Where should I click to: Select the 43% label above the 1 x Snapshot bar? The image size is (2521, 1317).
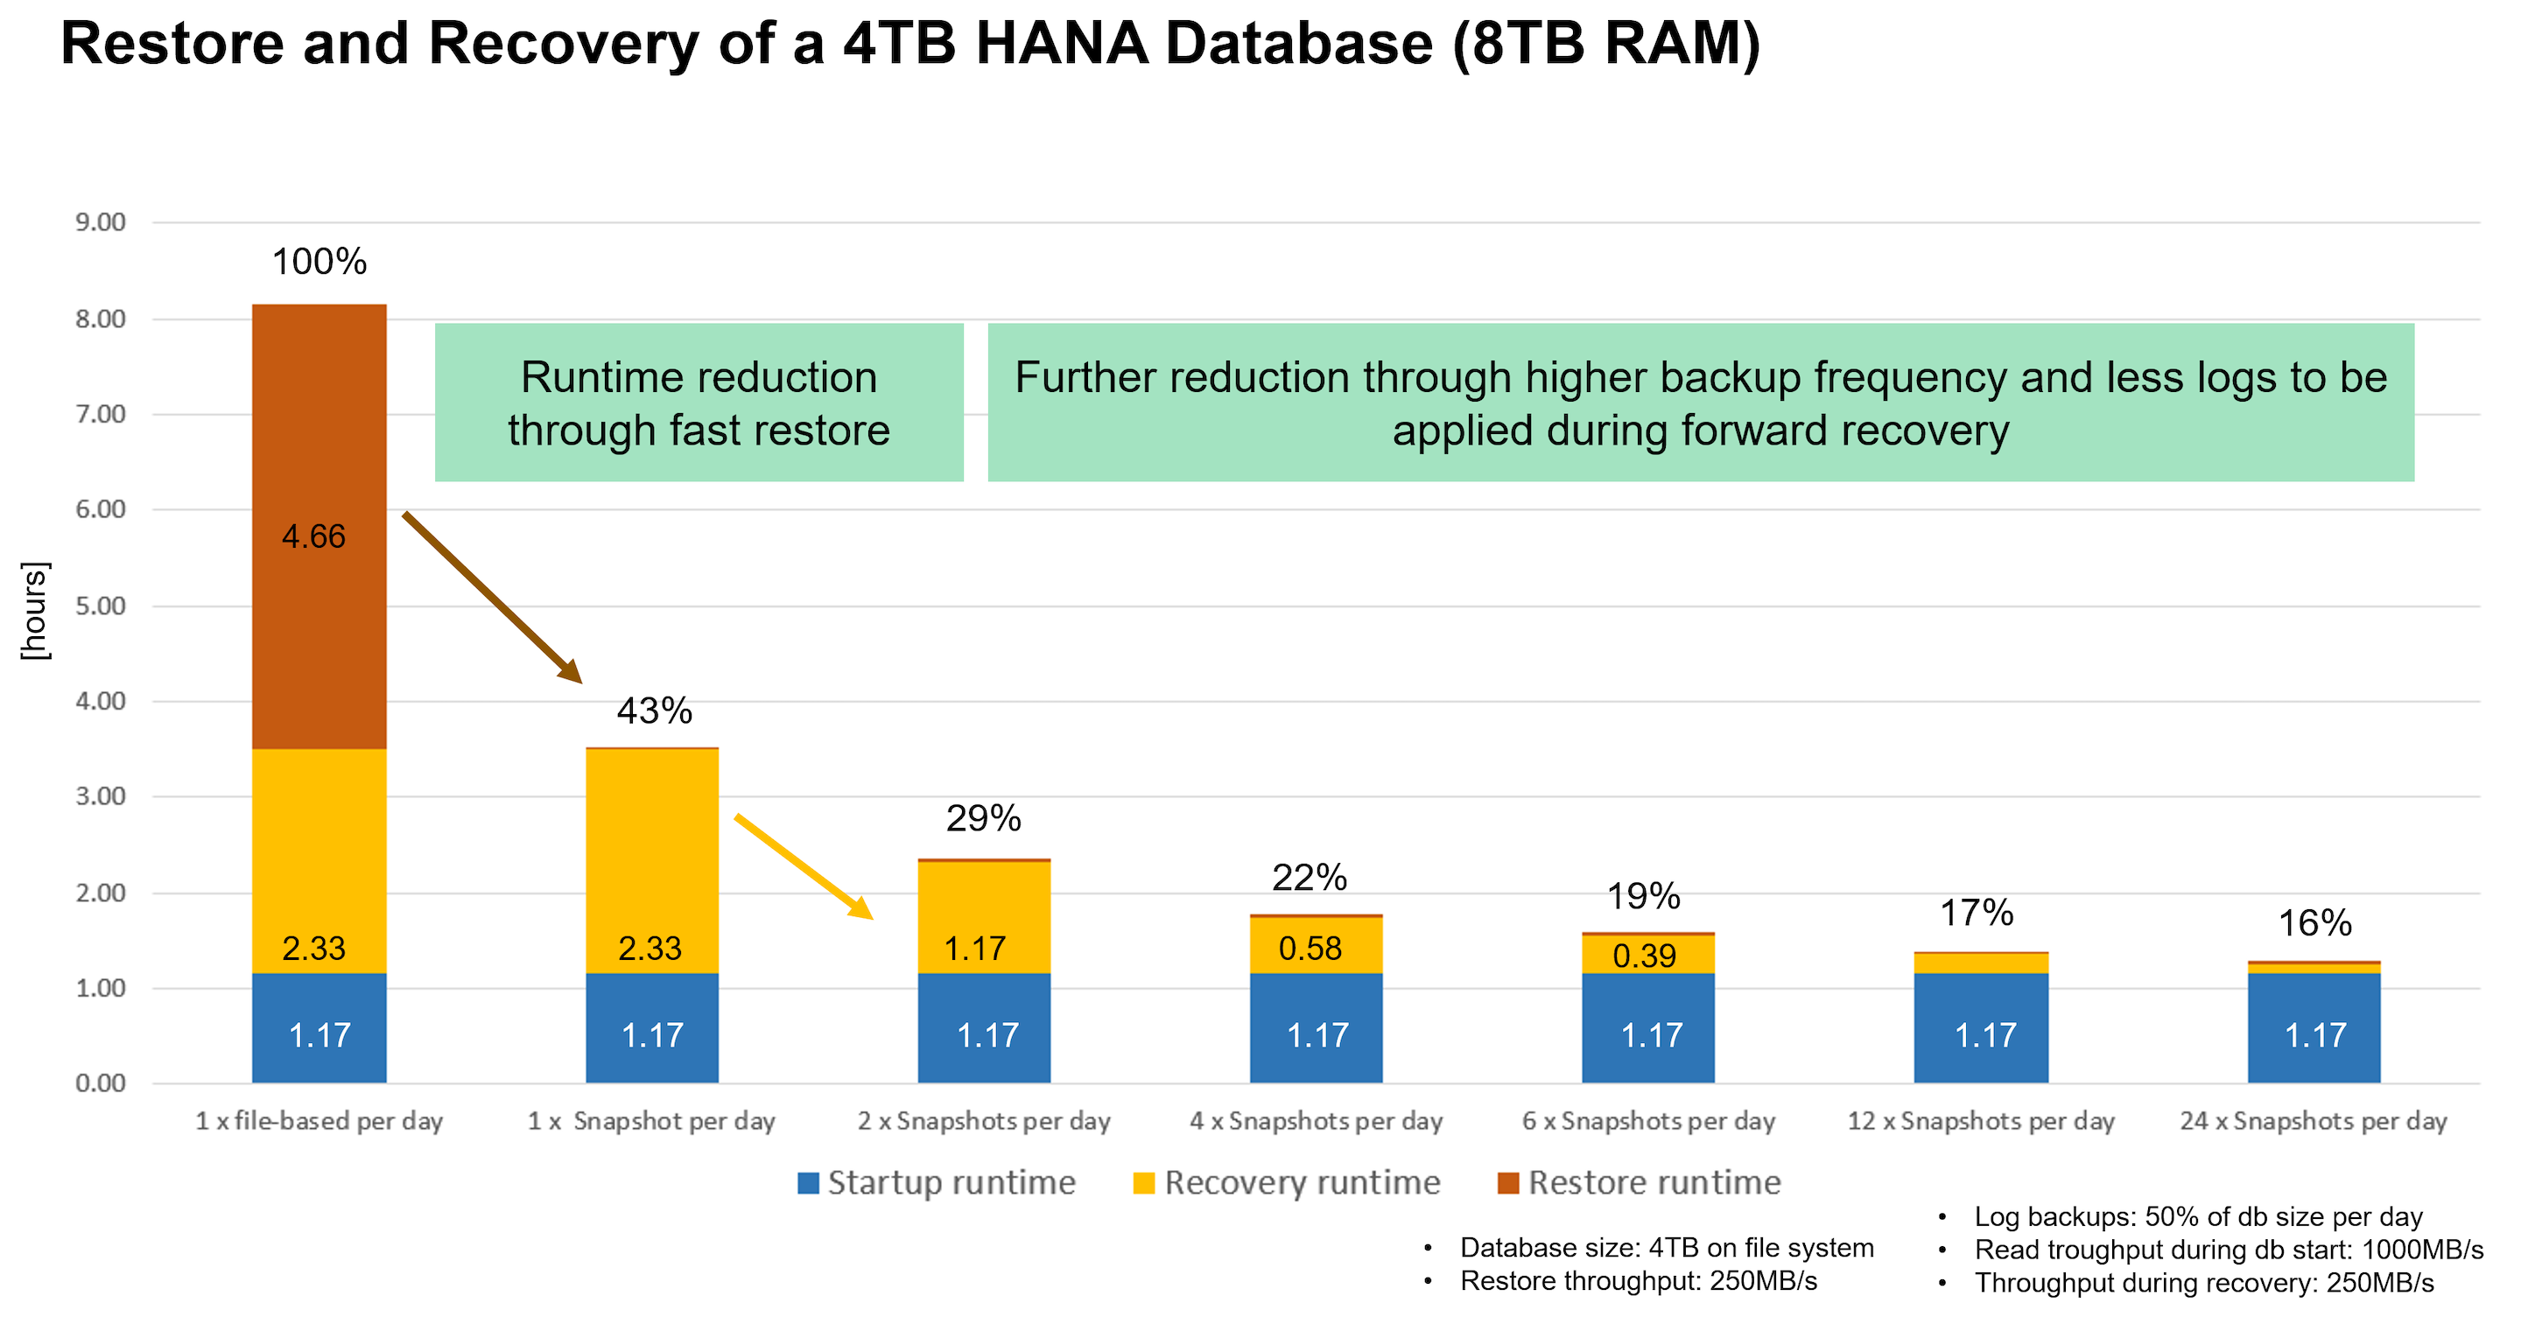coord(654,711)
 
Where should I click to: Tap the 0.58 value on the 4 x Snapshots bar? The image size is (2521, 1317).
coord(1310,948)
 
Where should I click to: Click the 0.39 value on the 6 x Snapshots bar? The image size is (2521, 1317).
coord(1644,955)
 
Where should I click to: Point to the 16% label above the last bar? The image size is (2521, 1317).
coord(2314,922)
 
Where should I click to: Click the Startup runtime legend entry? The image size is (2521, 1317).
coord(937,1182)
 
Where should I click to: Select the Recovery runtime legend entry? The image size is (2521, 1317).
coord(1286,1182)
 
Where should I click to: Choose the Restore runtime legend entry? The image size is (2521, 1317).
coord(1640,1182)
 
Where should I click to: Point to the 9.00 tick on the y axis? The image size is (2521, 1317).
coord(101,223)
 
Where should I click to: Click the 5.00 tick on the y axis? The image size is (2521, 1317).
coord(101,606)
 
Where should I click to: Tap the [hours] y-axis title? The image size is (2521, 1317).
coord(35,611)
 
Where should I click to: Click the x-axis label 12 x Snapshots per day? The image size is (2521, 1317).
coord(1980,1121)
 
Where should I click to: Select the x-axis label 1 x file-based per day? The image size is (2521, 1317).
coord(319,1121)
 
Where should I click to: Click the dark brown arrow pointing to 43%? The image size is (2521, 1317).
coord(492,596)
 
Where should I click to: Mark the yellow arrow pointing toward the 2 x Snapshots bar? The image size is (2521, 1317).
coord(803,866)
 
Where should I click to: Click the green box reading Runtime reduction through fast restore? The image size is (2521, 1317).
coord(699,403)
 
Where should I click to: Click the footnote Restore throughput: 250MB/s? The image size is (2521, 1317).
coord(1637,1281)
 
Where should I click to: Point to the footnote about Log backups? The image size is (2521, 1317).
coord(2197,1216)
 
